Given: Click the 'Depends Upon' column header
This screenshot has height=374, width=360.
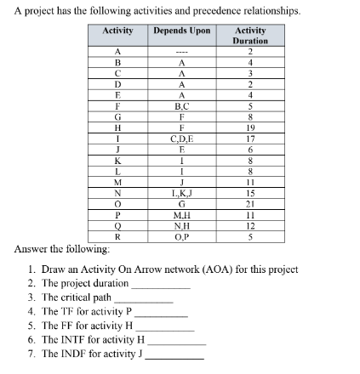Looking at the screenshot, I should pos(181,31).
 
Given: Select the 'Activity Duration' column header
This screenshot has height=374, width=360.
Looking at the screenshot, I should pos(250,36).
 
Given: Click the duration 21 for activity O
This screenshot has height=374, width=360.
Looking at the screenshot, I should pos(250,205).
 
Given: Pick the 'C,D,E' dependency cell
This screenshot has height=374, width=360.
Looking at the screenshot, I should pos(181,138).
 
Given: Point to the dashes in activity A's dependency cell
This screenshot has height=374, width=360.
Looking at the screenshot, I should pos(181,52).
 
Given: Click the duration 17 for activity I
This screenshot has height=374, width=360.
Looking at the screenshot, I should pos(250,138).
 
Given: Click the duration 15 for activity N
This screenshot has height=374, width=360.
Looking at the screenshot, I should pos(250,194).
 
